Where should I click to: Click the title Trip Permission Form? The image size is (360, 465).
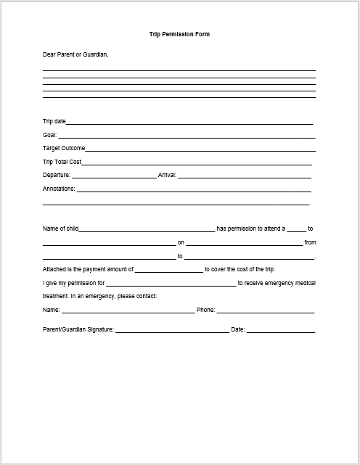179,34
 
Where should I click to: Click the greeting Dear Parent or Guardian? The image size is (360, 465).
76,54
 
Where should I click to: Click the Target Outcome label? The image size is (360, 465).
64,148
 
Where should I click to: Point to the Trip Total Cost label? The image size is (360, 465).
62,162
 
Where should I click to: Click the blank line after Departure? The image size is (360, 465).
113,176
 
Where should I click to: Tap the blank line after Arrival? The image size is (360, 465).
245,176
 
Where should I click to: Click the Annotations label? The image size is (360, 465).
59,189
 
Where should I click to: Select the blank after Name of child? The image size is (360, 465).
147,229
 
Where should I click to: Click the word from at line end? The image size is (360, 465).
310,242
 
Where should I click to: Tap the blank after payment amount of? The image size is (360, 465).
168,270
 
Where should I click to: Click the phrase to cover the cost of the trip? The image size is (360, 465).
239,269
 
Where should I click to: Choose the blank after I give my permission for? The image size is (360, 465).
171,284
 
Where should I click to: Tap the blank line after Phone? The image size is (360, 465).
265,311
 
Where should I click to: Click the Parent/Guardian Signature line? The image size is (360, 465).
171,331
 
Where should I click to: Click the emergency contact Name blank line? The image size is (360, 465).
128,311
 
